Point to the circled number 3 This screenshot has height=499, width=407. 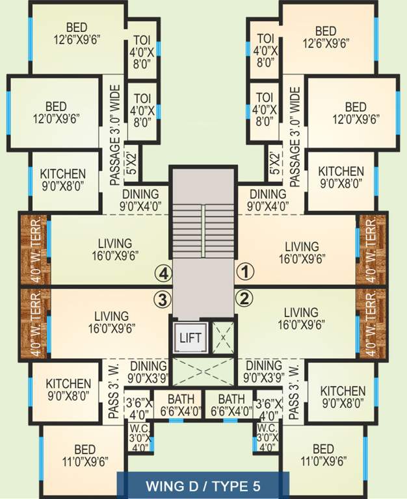pyautogui.click(x=162, y=299)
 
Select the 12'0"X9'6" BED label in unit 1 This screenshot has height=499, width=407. pyautogui.click(x=356, y=113)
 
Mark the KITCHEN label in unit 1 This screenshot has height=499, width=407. pyautogui.click(x=341, y=178)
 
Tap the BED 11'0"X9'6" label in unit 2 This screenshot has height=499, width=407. pyautogui.click(x=322, y=455)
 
